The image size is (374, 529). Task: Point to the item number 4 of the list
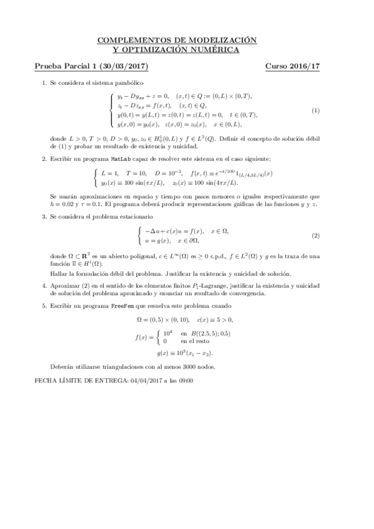tap(44, 286)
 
